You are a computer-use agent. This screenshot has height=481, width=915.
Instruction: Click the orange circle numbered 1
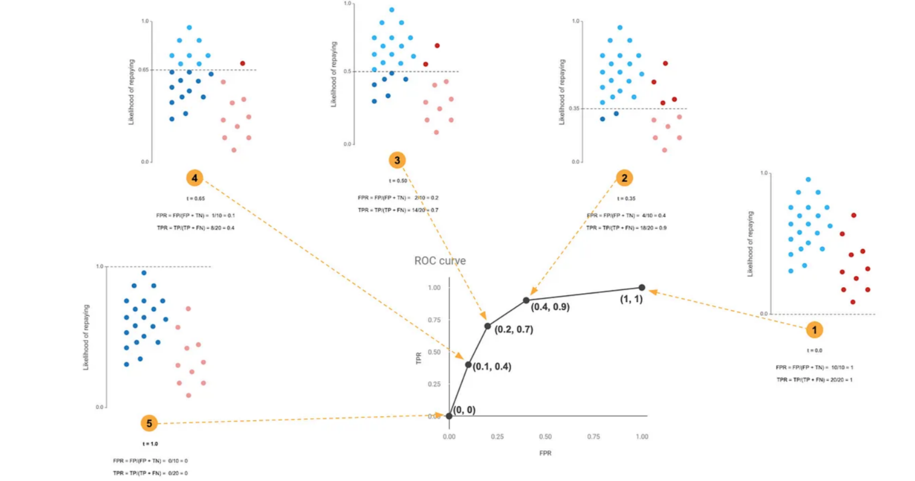[814, 330]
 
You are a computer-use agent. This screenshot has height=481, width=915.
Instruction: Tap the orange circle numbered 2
[624, 178]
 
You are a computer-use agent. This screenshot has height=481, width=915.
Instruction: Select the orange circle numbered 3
[397, 161]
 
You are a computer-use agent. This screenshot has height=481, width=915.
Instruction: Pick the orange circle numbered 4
[194, 178]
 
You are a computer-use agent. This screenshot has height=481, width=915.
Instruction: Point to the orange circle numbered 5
[149, 423]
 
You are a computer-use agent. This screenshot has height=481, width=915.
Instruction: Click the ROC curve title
[440, 261]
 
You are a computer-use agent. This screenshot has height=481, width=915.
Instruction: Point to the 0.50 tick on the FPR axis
[545, 437]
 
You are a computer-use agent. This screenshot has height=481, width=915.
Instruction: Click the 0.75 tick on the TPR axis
[434, 320]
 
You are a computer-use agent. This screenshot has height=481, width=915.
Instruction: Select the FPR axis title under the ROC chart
[545, 453]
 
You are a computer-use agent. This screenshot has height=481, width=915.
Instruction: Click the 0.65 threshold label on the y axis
[143, 70]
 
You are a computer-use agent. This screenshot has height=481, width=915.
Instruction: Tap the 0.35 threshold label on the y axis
[574, 109]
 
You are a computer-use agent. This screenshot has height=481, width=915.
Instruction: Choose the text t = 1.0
[150, 444]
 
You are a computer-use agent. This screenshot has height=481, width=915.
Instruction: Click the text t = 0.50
[398, 181]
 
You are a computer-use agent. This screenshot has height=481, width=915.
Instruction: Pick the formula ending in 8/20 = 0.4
[196, 228]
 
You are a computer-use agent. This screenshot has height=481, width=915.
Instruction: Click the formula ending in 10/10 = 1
[814, 367]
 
